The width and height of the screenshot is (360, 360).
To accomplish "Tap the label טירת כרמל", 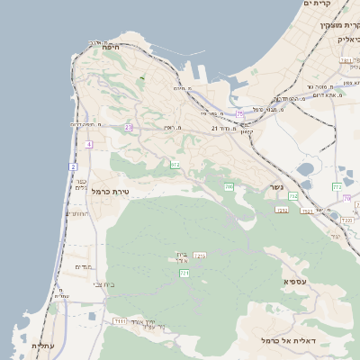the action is pos(112,192).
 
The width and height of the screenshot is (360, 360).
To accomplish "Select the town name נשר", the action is pos(275,187).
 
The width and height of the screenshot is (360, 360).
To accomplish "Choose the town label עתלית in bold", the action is pos(42,346).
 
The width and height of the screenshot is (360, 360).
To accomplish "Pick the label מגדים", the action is pos(83,267).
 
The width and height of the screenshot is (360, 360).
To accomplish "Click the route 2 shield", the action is pos(73,166).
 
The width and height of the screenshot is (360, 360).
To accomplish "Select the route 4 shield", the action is pos(88,144).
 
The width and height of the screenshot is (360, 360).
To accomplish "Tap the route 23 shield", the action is pos(129,128).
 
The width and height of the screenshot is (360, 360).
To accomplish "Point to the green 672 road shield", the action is pos(175,165).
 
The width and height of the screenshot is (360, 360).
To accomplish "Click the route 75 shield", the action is pos(239,113).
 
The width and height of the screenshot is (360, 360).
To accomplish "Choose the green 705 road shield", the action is pos(229,186).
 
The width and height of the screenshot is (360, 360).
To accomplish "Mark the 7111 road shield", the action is pos(120,320).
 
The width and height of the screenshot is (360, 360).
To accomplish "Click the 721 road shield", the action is pos(184,273).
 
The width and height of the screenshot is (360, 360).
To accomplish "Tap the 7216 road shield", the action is pos(199,256).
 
